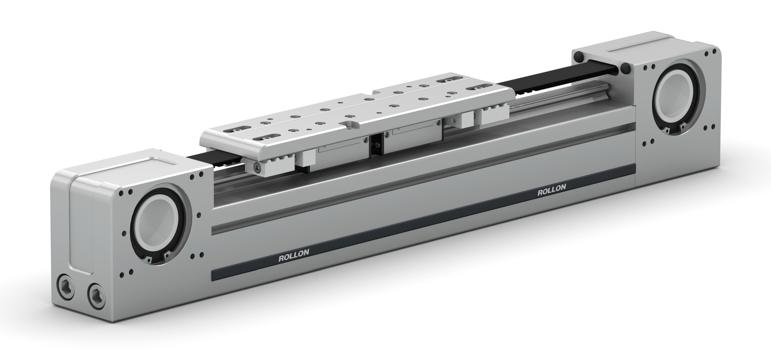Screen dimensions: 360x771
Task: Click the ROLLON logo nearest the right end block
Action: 552,191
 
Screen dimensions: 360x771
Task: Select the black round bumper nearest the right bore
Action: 625,68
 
